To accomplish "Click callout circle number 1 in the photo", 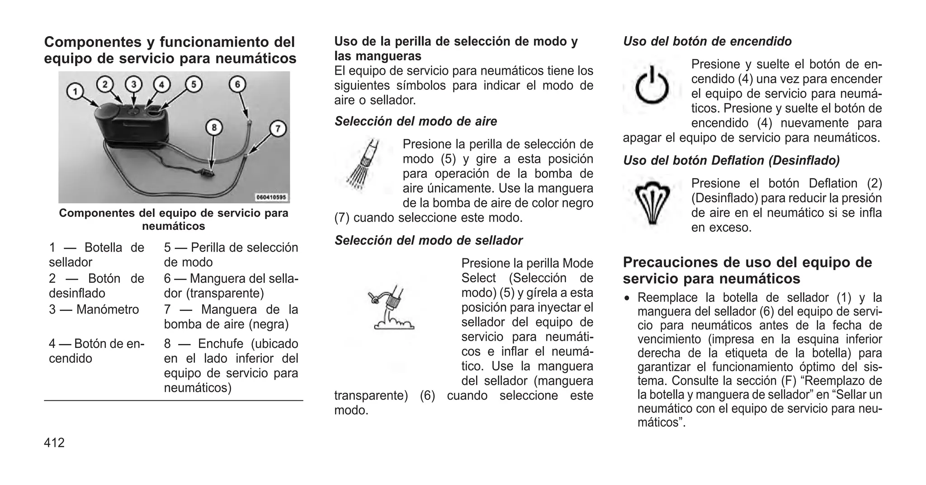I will pos(76,92).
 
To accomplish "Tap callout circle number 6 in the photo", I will pos(237,84).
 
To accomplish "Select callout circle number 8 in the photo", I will pos(214,128).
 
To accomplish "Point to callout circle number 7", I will pos(278,128).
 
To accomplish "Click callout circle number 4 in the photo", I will pos(161,85).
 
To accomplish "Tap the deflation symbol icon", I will pos(652,203).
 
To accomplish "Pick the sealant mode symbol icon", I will pos(391,308).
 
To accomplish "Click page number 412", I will pos(54,442).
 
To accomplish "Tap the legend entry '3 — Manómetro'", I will pos(94,310).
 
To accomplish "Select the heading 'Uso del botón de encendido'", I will pos(707,42).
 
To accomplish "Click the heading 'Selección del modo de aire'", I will pos(416,121).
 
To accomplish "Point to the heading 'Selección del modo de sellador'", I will pos(428,240).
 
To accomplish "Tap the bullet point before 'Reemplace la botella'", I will pos(627,299).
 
